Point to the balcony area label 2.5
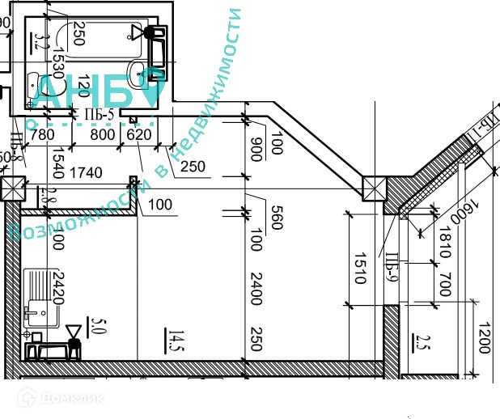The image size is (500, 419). coord(418,342)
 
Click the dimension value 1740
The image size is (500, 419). coord(86,172)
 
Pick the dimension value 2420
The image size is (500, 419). coord(57,286)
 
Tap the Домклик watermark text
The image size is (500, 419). coord(70,398)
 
